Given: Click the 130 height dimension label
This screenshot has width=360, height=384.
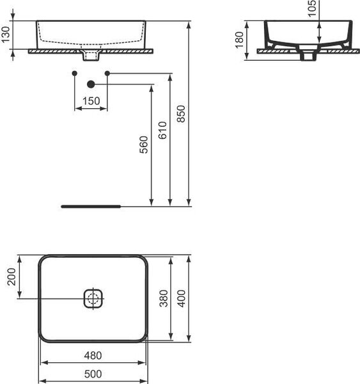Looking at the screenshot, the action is (x=6, y=35).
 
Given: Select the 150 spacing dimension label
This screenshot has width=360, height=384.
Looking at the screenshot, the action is (x=91, y=101).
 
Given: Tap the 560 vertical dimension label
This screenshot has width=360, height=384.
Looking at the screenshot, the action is (x=144, y=145).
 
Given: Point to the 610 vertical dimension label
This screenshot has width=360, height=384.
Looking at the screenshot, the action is (x=162, y=131).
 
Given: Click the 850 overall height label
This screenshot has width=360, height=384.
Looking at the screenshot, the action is (x=182, y=114).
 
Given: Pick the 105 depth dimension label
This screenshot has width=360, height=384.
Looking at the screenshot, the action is (x=312, y=8).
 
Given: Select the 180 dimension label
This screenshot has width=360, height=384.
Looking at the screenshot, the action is (x=239, y=40).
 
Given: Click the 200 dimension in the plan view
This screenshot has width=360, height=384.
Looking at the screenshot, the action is (x=12, y=276).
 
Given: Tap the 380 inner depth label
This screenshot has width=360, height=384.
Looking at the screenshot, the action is (x=164, y=298).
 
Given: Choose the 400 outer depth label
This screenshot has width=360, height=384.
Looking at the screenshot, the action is (x=182, y=298).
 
